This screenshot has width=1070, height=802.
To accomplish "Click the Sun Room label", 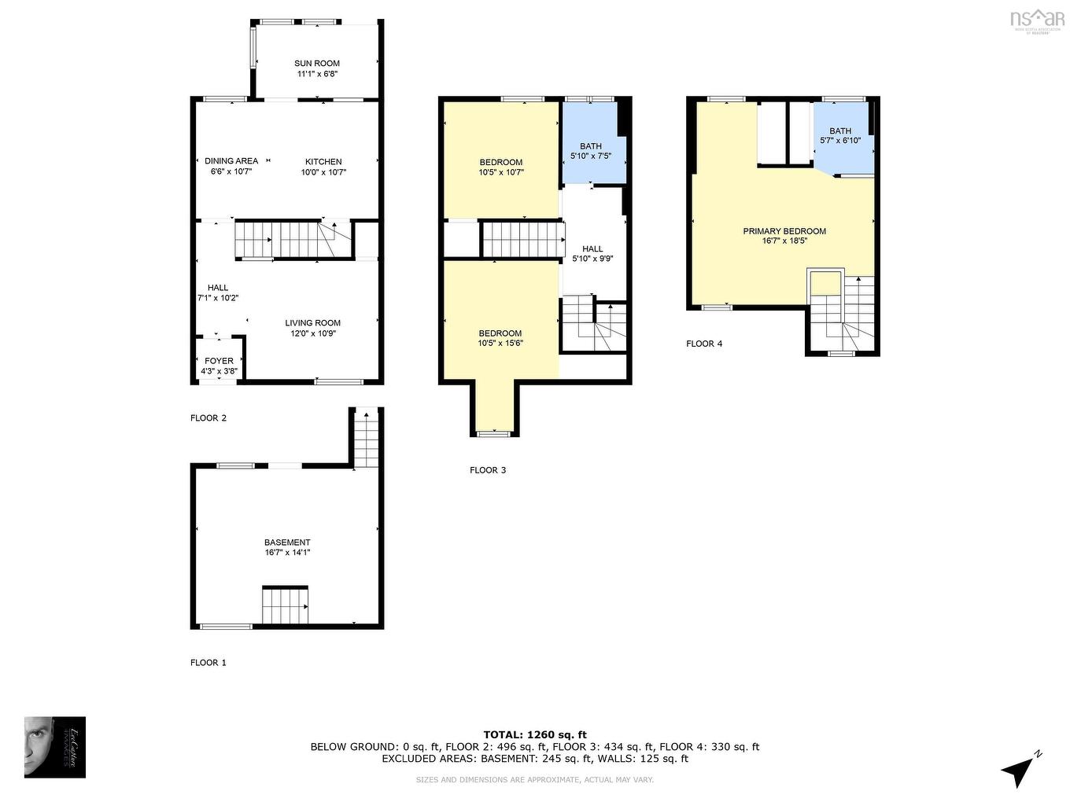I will point(317,64).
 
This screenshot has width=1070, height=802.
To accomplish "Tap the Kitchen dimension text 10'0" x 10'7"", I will point(323,172).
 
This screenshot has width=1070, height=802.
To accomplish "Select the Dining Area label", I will point(231,161).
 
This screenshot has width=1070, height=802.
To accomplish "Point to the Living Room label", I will point(312,323).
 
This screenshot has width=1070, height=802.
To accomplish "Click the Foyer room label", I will point(219,361).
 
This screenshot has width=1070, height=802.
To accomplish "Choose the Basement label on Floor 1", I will point(287,543).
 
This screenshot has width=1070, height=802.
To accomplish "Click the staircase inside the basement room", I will point(285,605).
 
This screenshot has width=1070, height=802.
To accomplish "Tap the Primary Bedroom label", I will point(784,231).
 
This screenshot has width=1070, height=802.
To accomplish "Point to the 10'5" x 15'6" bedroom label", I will point(500,338).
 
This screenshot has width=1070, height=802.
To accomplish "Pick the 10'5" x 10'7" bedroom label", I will point(501,167).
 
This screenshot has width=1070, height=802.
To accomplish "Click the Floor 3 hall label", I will point(592,248).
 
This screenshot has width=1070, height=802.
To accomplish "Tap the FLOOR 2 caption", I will point(208,418).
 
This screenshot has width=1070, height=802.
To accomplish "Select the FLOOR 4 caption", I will point(704,344).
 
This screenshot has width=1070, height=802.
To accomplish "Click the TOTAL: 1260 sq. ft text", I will point(535,734).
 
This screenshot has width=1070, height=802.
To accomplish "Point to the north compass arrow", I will point(1020,768).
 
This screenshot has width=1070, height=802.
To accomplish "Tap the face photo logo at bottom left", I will point(55,747).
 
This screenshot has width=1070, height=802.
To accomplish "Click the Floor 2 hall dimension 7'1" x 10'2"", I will point(218,298).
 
